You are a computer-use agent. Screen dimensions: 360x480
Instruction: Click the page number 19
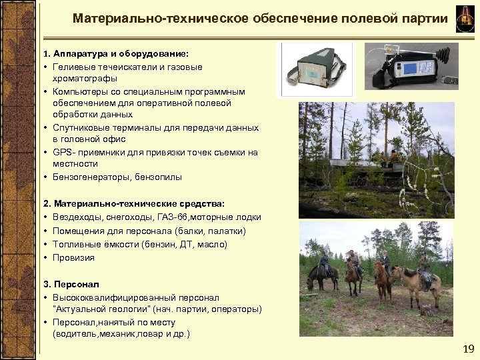[x=468, y=349]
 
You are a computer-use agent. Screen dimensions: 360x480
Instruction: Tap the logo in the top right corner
[x=464, y=18]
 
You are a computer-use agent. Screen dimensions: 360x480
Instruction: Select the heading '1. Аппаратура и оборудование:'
[x=115, y=53]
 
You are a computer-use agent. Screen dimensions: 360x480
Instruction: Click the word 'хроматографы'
[x=80, y=78]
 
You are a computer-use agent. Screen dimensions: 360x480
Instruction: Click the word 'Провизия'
[x=74, y=257]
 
